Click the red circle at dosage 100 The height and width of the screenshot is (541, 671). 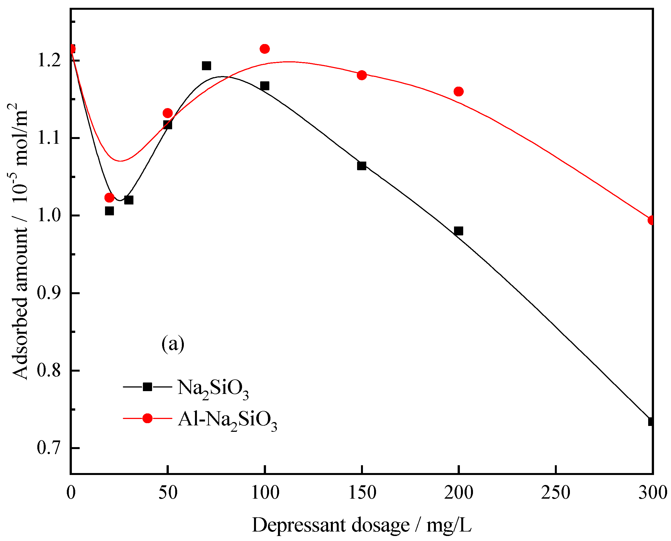click(265, 49)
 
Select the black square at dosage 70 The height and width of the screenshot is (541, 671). click(206, 66)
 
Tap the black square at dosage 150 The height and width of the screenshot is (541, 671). click(361, 166)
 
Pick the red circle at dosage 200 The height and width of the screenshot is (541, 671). click(458, 92)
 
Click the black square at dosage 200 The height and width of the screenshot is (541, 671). click(458, 231)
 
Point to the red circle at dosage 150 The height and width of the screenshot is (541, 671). click(362, 75)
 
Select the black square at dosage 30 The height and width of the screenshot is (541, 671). click(129, 200)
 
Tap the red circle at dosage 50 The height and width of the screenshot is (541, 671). click(168, 113)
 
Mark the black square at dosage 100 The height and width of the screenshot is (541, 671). click(265, 86)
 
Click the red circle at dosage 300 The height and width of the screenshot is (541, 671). click(651, 220)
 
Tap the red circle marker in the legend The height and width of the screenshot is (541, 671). click(147, 418)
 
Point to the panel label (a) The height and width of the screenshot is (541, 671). click(173, 344)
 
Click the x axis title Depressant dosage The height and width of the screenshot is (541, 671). click(361, 525)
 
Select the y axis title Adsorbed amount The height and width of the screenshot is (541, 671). click(21, 243)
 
